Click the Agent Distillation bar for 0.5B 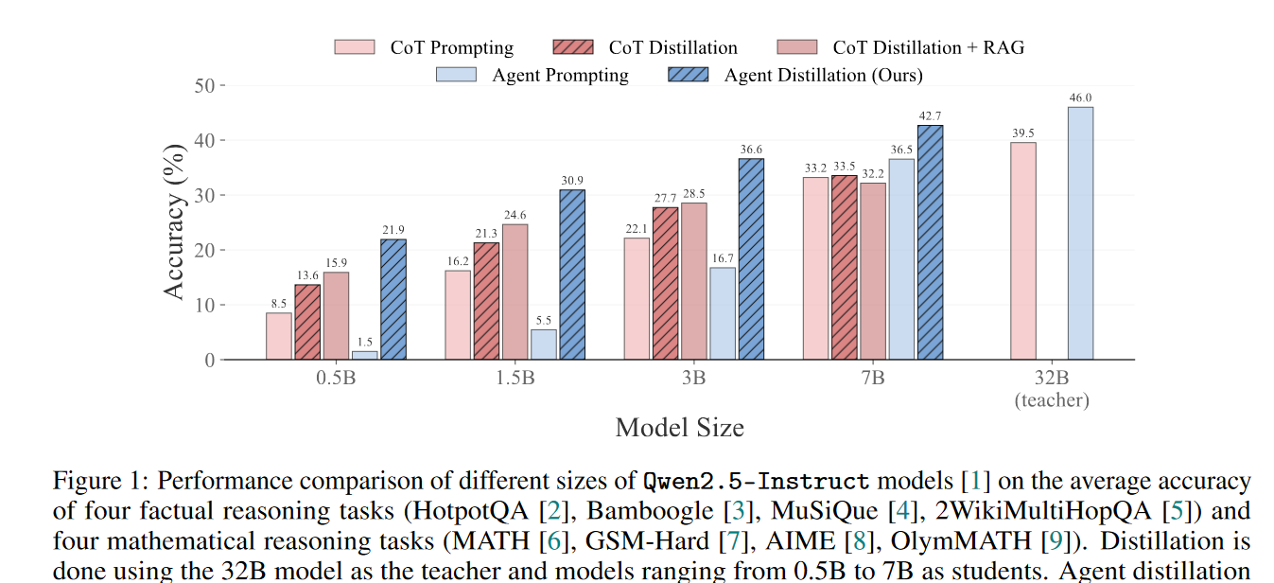[x=393, y=299]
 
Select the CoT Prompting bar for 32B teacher [x=1023, y=251]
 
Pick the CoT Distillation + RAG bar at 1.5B [x=515, y=291]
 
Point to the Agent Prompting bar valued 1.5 [x=365, y=355]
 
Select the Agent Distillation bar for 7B [x=930, y=242]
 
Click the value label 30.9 [x=572, y=181]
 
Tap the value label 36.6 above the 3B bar [x=751, y=150]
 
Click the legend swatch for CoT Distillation [x=572, y=47]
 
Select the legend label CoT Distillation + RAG [x=928, y=47]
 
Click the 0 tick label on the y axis [x=209, y=360]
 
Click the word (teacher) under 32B [x=1052, y=399]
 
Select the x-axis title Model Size [x=679, y=428]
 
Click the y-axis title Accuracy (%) [x=175, y=221]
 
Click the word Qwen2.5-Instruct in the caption [x=756, y=481]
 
